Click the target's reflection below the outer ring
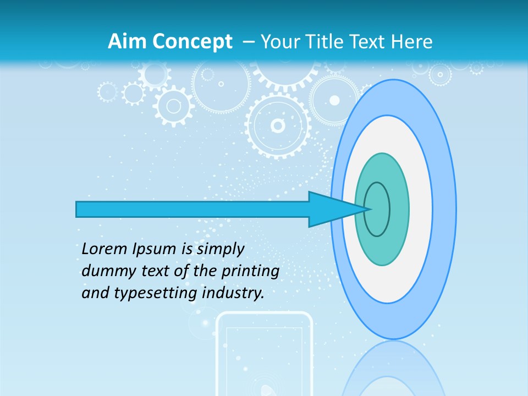coord(393,369)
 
